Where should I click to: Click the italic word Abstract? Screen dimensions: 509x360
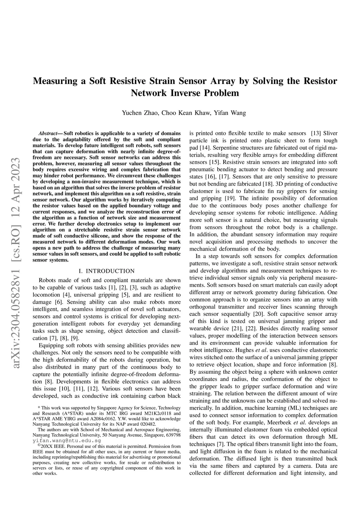[48, 134]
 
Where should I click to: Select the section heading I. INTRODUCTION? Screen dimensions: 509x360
[107, 271]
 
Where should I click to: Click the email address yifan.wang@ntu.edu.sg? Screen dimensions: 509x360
[67, 440]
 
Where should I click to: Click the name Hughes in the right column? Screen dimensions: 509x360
[243, 350]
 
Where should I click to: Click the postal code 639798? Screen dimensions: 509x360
[173, 435]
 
